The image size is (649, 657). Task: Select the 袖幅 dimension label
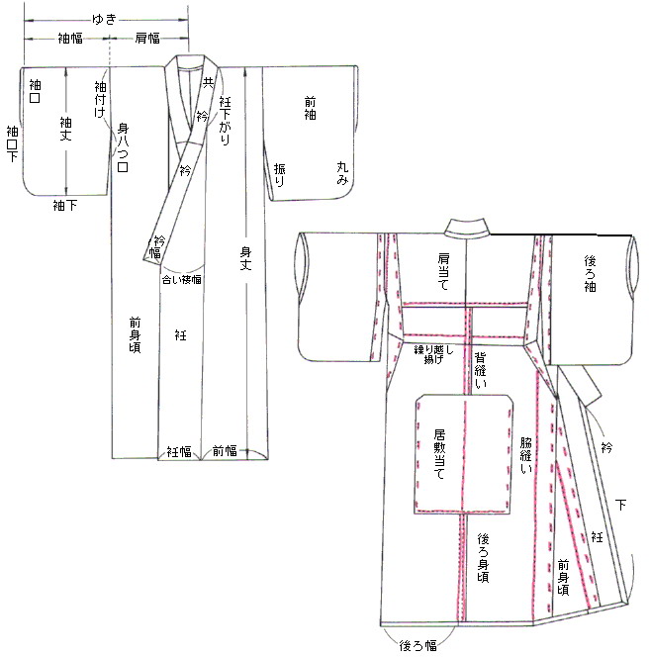pos(69,38)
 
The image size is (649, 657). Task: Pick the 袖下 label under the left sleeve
pos(65,205)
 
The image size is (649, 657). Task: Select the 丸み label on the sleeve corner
pos(342,174)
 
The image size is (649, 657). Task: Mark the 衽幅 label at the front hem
pos(179,451)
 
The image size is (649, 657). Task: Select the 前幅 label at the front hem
pos(226,451)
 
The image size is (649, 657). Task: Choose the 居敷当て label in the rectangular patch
pos(441,453)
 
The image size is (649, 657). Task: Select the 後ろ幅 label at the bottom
pos(417,645)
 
